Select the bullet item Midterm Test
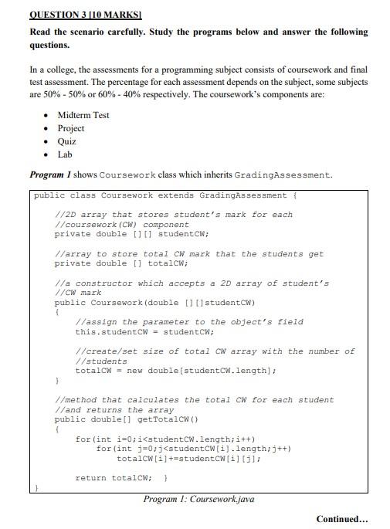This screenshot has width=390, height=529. click(83, 115)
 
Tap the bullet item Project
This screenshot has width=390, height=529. click(71, 128)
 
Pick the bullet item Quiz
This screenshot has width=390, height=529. click(67, 141)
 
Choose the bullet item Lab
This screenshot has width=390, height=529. click(65, 154)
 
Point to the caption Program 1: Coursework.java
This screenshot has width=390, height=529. click(198, 499)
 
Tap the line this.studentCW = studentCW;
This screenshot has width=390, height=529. click(144, 331)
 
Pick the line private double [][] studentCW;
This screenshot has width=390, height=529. click(132, 233)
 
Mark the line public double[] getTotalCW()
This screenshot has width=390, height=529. click(127, 419)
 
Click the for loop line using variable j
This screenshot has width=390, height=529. click(193, 449)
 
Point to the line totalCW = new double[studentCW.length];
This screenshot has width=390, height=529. click(176, 371)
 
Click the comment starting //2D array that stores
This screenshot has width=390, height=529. click(174, 214)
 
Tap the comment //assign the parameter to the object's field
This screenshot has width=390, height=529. click(189, 321)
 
